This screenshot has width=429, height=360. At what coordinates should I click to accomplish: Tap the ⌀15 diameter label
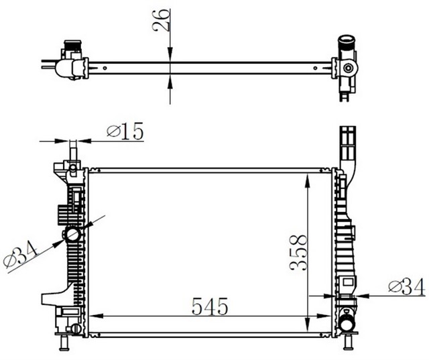click(x=125, y=132)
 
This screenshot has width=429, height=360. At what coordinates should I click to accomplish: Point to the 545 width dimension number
click(x=210, y=306)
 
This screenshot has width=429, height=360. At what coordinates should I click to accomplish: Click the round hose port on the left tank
click(x=72, y=235)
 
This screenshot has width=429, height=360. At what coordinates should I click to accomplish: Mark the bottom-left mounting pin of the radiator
click(x=66, y=343)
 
